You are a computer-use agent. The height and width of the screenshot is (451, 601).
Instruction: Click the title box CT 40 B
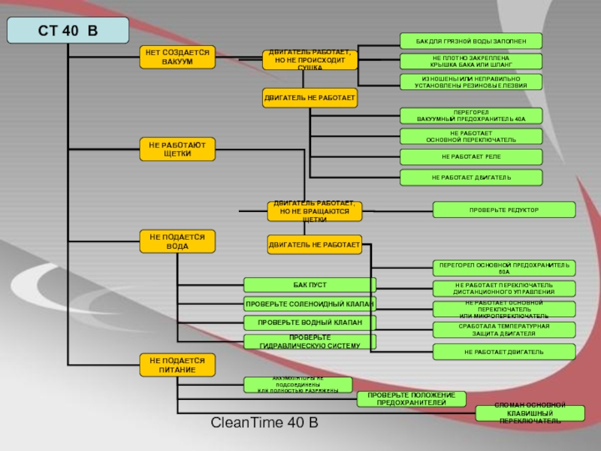point(68,31)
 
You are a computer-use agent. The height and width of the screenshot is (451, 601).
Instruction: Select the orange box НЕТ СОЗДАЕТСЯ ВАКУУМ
point(177,57)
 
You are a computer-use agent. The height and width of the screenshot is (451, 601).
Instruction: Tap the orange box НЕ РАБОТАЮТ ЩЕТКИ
point(177,149)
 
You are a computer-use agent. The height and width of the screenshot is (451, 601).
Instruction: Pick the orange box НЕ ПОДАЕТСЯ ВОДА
point(177,241)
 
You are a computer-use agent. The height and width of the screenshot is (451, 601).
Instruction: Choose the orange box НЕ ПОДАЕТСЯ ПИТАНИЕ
point(177,365)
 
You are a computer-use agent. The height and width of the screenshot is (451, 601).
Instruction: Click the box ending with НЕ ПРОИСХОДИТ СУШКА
point(310,59)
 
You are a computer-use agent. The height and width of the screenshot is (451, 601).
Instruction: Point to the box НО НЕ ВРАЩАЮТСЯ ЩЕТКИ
point(315,211)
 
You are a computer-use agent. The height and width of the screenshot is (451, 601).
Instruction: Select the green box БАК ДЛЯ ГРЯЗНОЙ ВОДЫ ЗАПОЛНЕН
point(470,41)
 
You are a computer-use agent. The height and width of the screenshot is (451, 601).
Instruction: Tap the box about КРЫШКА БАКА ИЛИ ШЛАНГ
point(470,62)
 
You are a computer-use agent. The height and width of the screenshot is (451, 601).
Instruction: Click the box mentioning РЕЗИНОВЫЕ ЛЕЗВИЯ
point(470,82)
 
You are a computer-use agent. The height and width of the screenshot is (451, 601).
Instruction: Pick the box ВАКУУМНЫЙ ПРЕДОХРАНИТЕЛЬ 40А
point(470,116)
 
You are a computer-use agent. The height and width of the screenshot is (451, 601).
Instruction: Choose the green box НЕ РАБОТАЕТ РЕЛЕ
point(470,156)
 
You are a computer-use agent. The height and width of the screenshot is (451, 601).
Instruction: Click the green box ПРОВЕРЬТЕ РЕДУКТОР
point(504,209)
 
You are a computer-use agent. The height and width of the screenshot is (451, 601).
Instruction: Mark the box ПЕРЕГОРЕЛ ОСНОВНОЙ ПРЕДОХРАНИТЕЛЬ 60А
point(504,268)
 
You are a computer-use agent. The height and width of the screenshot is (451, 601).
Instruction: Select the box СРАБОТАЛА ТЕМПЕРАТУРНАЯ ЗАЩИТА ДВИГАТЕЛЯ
point(504,329)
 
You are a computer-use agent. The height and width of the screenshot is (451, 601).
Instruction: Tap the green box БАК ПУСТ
point(310,285)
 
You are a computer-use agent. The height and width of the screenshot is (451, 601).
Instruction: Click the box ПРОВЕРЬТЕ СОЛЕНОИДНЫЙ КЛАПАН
point(310,304)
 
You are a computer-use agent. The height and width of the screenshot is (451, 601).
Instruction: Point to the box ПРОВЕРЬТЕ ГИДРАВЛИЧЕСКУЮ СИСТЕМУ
point(310,342)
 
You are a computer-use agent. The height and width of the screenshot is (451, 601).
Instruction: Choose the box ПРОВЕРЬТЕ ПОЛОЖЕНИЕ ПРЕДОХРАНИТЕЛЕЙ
point(411,399)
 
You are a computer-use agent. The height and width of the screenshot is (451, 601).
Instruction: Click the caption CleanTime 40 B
point(264,423)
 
